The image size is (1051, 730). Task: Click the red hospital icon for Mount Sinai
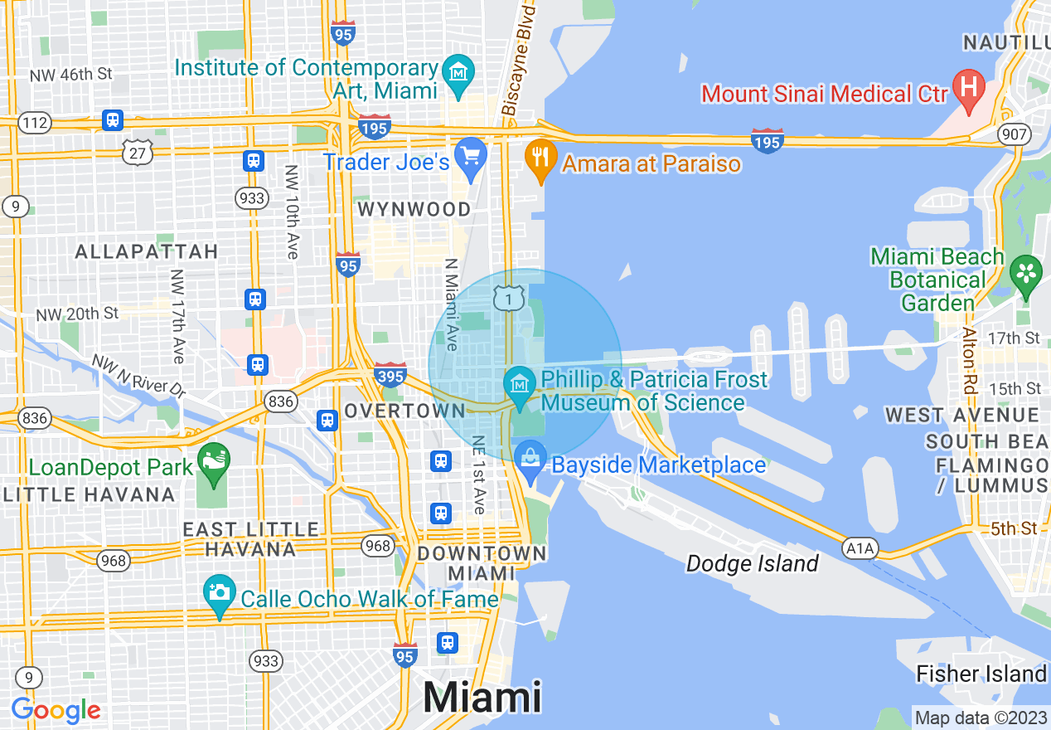tap(967, 85)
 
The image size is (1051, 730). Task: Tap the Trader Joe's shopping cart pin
tap(471, 155)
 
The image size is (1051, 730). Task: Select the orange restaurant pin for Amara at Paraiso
tap(540, 157)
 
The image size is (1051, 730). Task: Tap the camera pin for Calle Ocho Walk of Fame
tap(220, 592)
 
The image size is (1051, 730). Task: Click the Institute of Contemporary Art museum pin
tap(457, 73)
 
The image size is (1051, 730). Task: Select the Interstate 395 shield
tap(390, 375)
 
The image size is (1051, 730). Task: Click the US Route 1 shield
tap(507, 297)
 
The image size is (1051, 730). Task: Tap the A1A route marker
tap(860, 547)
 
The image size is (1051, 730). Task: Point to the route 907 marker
tap(1015, 134)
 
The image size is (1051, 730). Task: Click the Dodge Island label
tap(752, 564)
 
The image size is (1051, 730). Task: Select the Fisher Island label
tap(981, 674)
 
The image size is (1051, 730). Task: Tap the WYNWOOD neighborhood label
tap(414, 210)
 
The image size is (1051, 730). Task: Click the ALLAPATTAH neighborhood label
tap(147, 251)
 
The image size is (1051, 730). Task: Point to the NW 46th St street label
tap(71, 75)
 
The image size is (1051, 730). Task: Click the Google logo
tap(56, 711)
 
